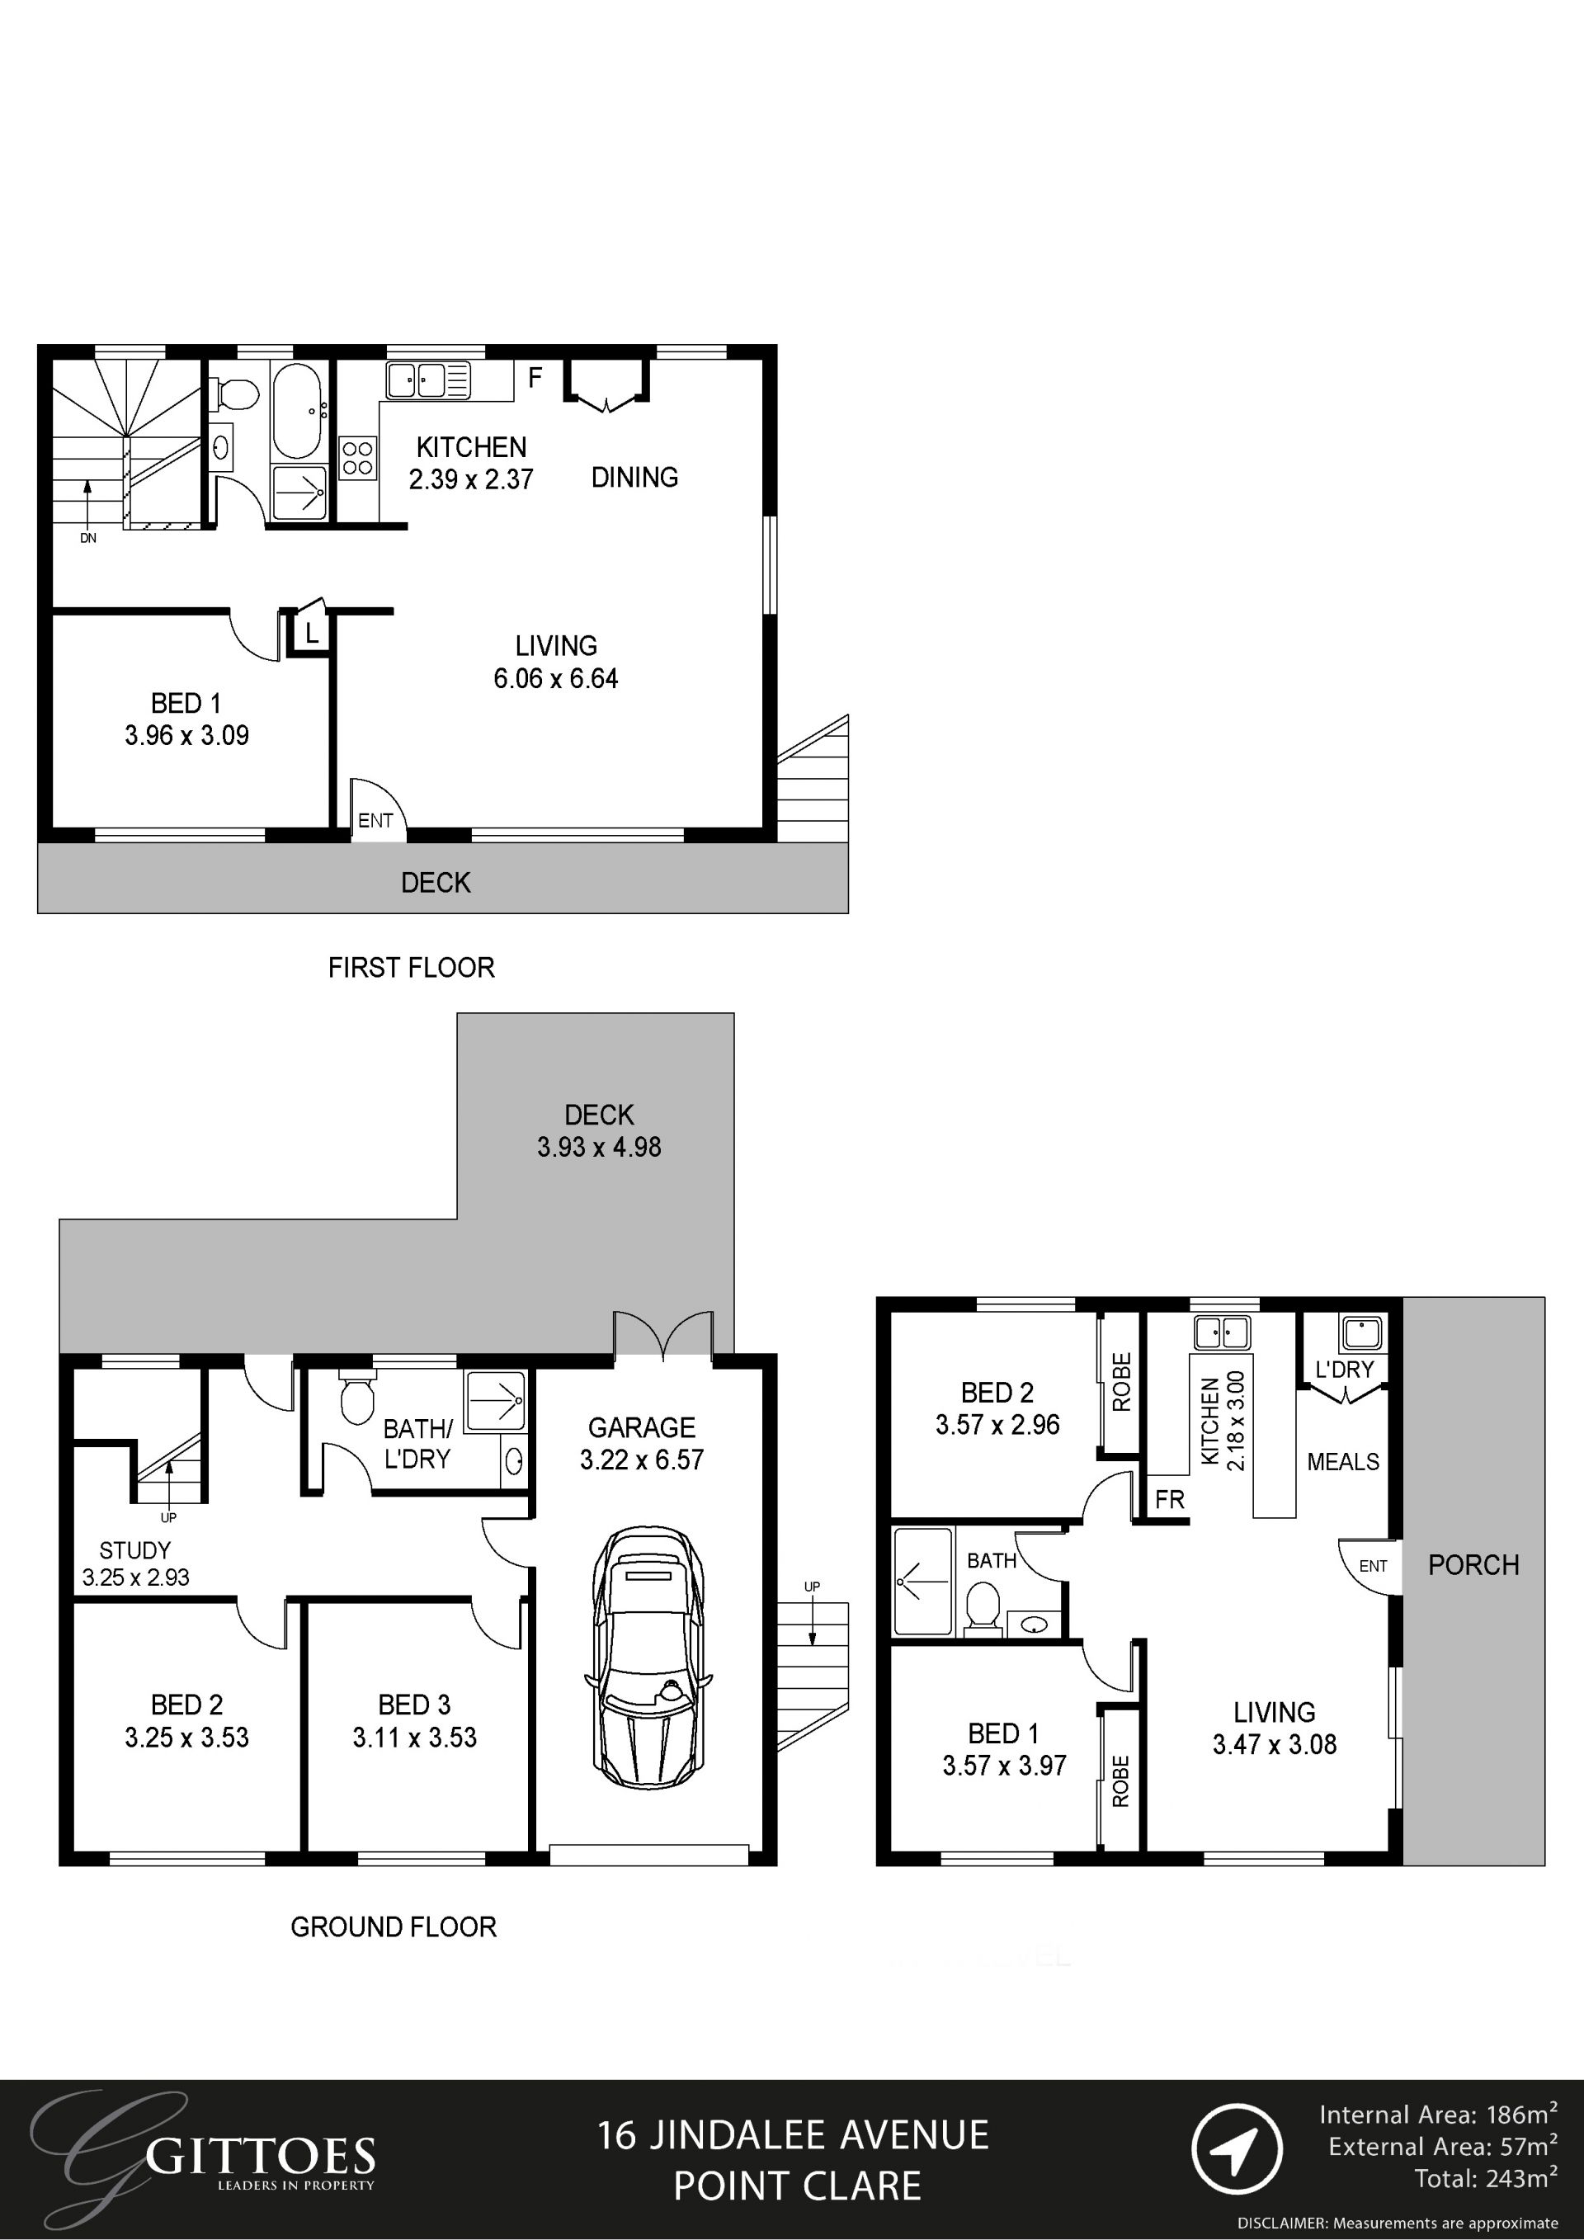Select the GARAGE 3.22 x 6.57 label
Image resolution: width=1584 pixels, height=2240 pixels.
tap(642, 1443)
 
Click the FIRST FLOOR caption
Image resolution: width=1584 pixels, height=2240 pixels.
tap(411, 968)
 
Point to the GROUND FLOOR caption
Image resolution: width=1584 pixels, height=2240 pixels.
tap(393, 1926)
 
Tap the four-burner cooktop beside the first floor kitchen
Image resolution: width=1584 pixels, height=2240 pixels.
tap(358, 458)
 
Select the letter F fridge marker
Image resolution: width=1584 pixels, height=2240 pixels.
tap(535, 378)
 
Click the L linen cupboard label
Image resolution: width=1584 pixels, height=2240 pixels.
tap(311, 633)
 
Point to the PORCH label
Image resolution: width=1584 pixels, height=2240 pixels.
tap(1473, 1565)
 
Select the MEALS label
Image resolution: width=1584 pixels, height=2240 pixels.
tap(1342, 1461)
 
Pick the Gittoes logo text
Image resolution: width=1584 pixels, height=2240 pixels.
tap(261, 2156)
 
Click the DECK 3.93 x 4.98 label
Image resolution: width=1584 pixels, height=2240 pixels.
tap(599, 1131)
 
